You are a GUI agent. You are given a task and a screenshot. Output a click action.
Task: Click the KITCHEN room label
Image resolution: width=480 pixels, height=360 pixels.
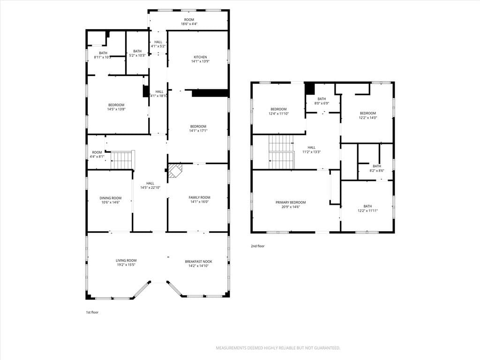(x=201, y=57)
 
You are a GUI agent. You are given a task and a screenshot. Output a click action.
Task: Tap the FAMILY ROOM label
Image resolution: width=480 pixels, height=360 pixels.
(x=199, y=197)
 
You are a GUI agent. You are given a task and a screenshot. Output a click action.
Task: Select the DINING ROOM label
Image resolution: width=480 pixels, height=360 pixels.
(x=111, y=198)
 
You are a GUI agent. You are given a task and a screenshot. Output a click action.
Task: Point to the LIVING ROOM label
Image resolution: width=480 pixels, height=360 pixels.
(x=126, y=261)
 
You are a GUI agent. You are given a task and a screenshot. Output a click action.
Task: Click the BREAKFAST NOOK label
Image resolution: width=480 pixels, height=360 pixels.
(x=198, y=262)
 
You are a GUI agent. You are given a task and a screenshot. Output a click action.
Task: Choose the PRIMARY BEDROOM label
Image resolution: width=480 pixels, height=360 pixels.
(x=291, y=202)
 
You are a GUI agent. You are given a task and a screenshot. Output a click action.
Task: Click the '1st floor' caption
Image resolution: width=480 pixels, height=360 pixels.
(x=92, y=312)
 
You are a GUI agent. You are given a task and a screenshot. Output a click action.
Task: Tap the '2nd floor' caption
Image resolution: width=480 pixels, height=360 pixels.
(x=257, y=246)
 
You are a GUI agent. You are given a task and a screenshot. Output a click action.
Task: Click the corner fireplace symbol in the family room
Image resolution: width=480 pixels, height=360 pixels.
(x=175, y=171)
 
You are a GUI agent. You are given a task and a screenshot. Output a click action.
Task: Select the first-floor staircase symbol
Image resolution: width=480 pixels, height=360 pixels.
(x=122, y=160)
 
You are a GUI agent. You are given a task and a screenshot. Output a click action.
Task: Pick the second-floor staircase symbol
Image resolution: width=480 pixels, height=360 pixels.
(x=281, y=152)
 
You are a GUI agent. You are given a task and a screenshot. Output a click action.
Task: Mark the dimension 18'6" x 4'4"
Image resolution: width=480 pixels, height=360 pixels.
(x=189, y=24)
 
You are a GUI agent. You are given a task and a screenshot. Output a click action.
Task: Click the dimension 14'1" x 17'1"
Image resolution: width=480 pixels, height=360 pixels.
(x=198, y=131)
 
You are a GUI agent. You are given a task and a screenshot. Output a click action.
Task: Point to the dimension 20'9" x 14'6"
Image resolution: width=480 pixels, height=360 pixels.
(x=291, y=207)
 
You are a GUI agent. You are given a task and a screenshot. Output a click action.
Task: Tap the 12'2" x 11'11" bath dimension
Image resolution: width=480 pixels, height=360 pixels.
(x=367, y=210)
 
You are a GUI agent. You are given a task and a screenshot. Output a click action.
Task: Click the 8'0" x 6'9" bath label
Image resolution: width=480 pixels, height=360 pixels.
(x=322, y=101)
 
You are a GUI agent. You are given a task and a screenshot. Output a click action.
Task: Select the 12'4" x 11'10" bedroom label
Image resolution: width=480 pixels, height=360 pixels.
(x=278, y=112)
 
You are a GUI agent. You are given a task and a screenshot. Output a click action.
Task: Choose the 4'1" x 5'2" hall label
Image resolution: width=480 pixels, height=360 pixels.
(x=158, y=44)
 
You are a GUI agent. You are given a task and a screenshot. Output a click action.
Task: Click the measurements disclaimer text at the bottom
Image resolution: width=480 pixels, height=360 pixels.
(x=278, y=348)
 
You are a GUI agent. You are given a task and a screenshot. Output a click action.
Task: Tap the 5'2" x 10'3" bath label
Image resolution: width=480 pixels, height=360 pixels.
(x=137, y=53)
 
